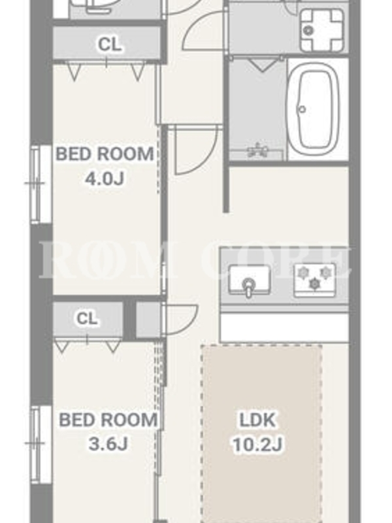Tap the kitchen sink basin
[250, 280]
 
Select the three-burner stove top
[315, 280]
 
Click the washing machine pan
[321, 30]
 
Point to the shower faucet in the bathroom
[257, 150]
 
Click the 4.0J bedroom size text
[105, 179]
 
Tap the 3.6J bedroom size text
[108, 444]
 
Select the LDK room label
[257, 420]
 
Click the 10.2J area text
[257, 445]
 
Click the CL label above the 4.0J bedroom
[109, 44]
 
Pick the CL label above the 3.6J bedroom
[87, 318]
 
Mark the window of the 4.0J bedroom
[41, 184]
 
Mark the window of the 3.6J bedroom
[41, 444]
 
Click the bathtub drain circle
[302, 109]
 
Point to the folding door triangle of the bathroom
[263, 65]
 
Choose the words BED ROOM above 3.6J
[108, 420]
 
